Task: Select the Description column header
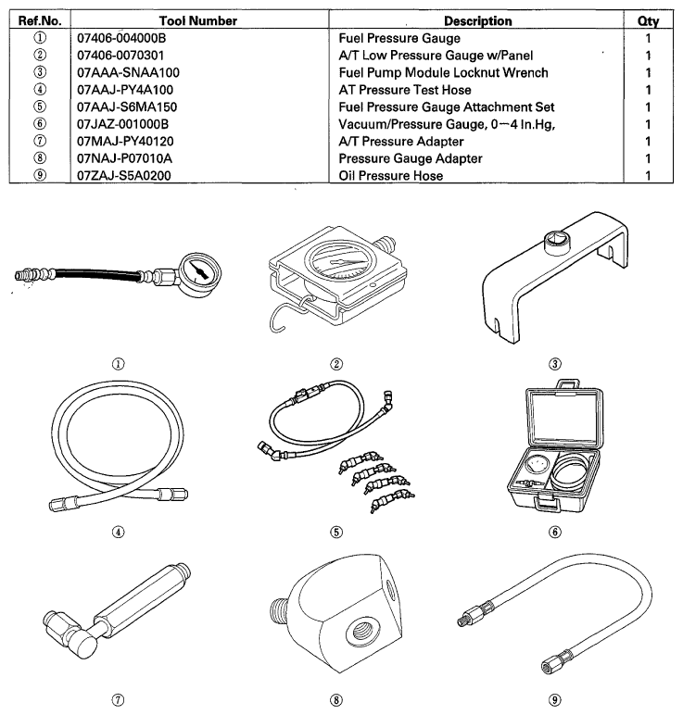point(477,20)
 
